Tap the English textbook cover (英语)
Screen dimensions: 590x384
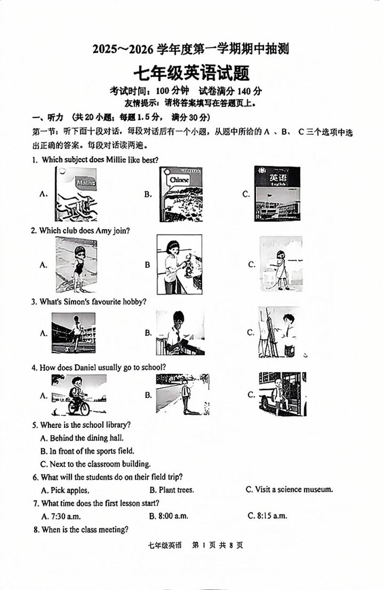pos(277,194)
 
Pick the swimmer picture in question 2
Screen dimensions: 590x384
pos(76,265)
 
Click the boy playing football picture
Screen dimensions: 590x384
pos(73,333)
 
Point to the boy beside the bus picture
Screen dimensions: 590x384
pos(282,394)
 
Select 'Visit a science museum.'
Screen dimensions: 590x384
pos(294,489)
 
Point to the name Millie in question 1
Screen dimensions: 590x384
pos(116,160)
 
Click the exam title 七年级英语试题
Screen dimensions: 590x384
pos(192,72)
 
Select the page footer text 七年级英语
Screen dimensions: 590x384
pos(164,545)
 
